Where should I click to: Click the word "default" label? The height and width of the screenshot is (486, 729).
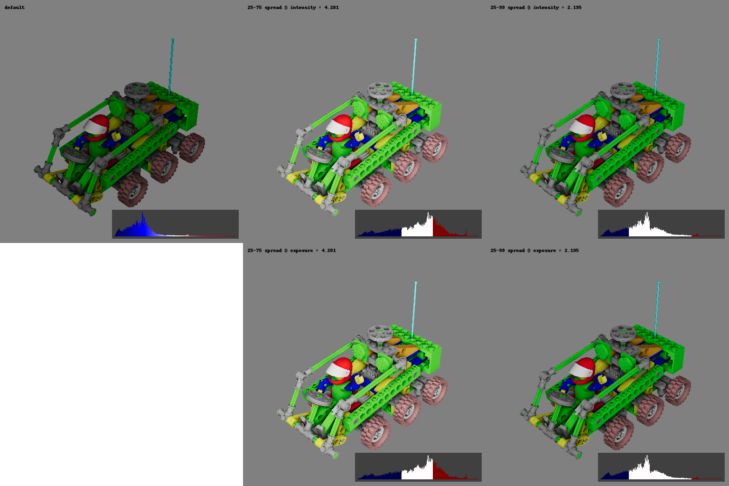[15, 8]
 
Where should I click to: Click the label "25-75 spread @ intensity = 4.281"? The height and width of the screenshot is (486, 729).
[293, 8]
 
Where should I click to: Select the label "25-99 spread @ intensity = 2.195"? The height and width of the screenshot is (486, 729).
[536, 8]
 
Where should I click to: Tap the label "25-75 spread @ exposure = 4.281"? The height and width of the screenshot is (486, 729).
[291, 251]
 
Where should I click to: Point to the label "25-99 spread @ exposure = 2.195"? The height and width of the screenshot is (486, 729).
[534, 251]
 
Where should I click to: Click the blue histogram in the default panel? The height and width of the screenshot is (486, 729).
[175, 224]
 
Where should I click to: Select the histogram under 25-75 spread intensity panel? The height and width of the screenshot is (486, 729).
[418, 224]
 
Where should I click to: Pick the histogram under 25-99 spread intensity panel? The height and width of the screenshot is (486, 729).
[661, 224]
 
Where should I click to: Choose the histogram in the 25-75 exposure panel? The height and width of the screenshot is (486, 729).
[418, 467]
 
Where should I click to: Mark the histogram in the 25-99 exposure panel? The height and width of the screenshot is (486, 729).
[661, 467]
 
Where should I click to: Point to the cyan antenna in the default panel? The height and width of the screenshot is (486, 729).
[171, 66]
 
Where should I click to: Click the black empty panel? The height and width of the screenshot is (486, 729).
[121, 364]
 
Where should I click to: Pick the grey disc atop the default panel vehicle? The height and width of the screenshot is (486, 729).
[136, 88]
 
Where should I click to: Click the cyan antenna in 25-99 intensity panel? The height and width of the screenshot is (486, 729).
[657, 66]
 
